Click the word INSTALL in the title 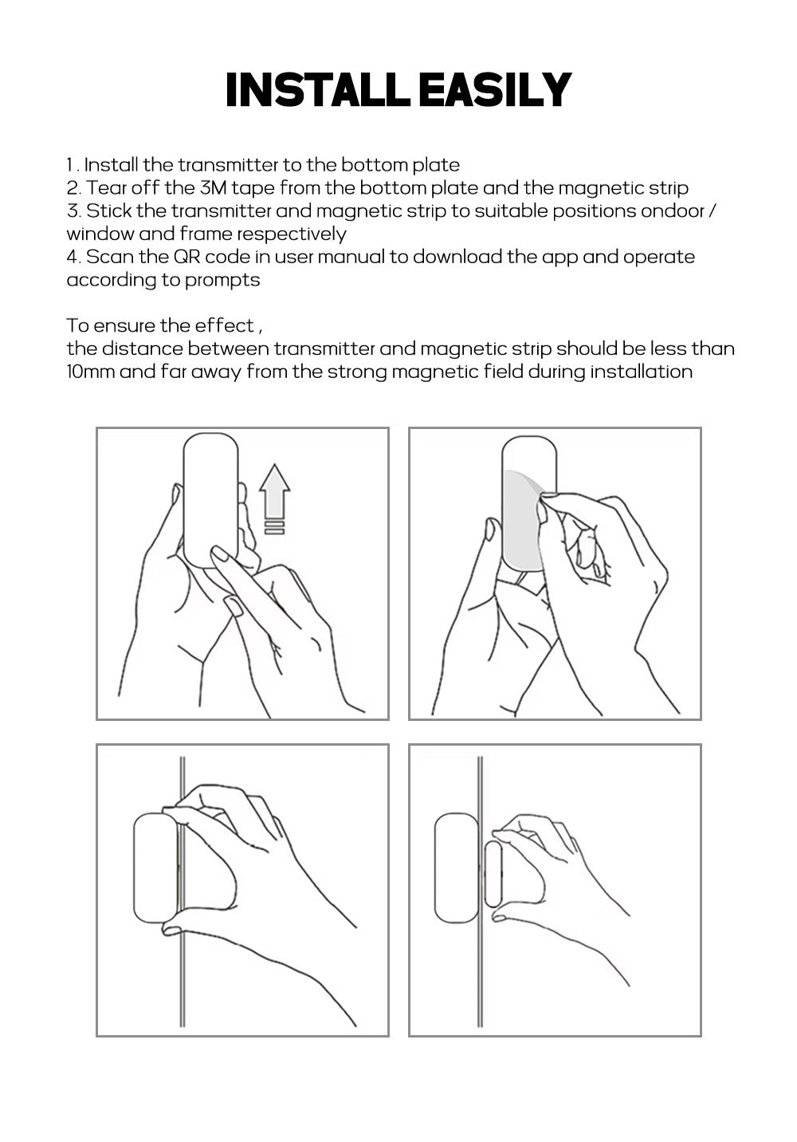[317, 90]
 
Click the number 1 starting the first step [70, 165]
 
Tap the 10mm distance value [90, 372]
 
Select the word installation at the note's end [641, 372]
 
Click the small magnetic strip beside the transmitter [493, 874]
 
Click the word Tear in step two [105, 188]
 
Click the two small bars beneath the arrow [275, 527]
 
